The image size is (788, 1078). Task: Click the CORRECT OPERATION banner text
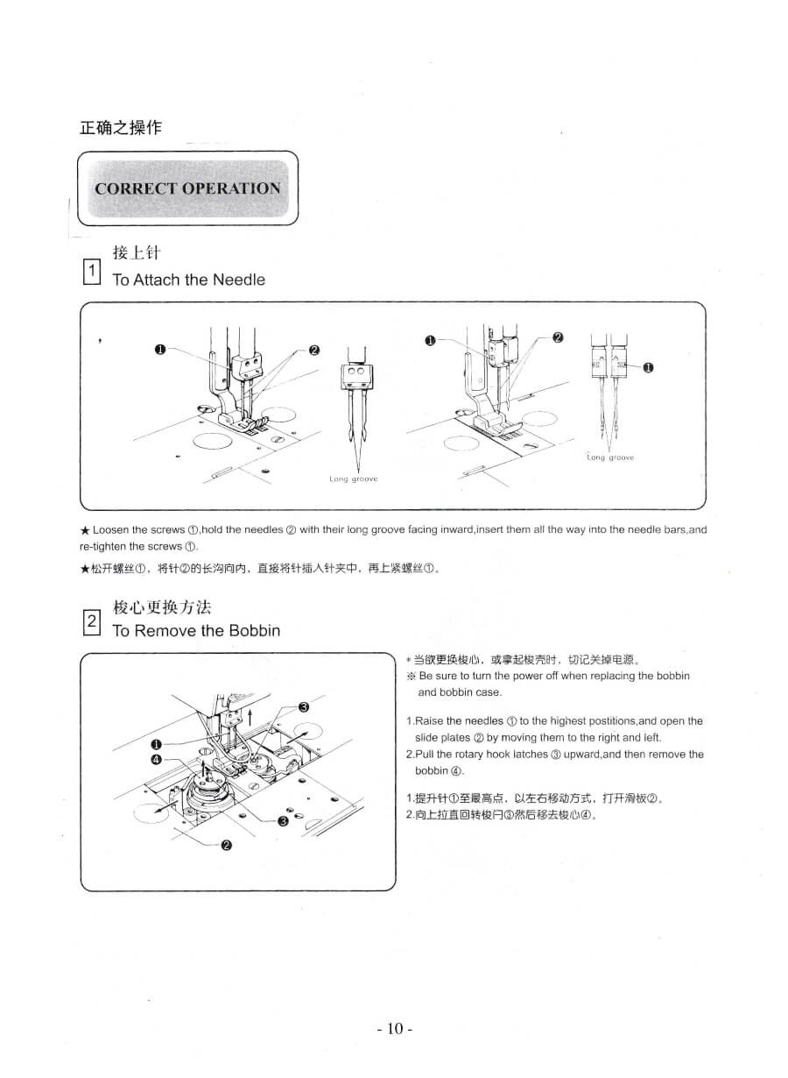(187, 188)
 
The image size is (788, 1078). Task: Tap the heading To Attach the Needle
(188, 280)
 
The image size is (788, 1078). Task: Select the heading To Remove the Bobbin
(196, 631)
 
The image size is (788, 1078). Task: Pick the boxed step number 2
(91, 623)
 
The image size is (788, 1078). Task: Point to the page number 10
(394, 1028)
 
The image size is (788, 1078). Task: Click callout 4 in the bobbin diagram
(156, 758)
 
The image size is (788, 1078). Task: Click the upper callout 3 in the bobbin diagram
(304, 707)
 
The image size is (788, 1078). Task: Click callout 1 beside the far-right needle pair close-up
(648, 368)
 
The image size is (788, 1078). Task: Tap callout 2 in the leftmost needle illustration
(314, 351)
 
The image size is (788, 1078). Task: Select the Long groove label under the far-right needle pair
(610, 457)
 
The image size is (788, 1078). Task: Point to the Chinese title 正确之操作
(120, 128)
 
